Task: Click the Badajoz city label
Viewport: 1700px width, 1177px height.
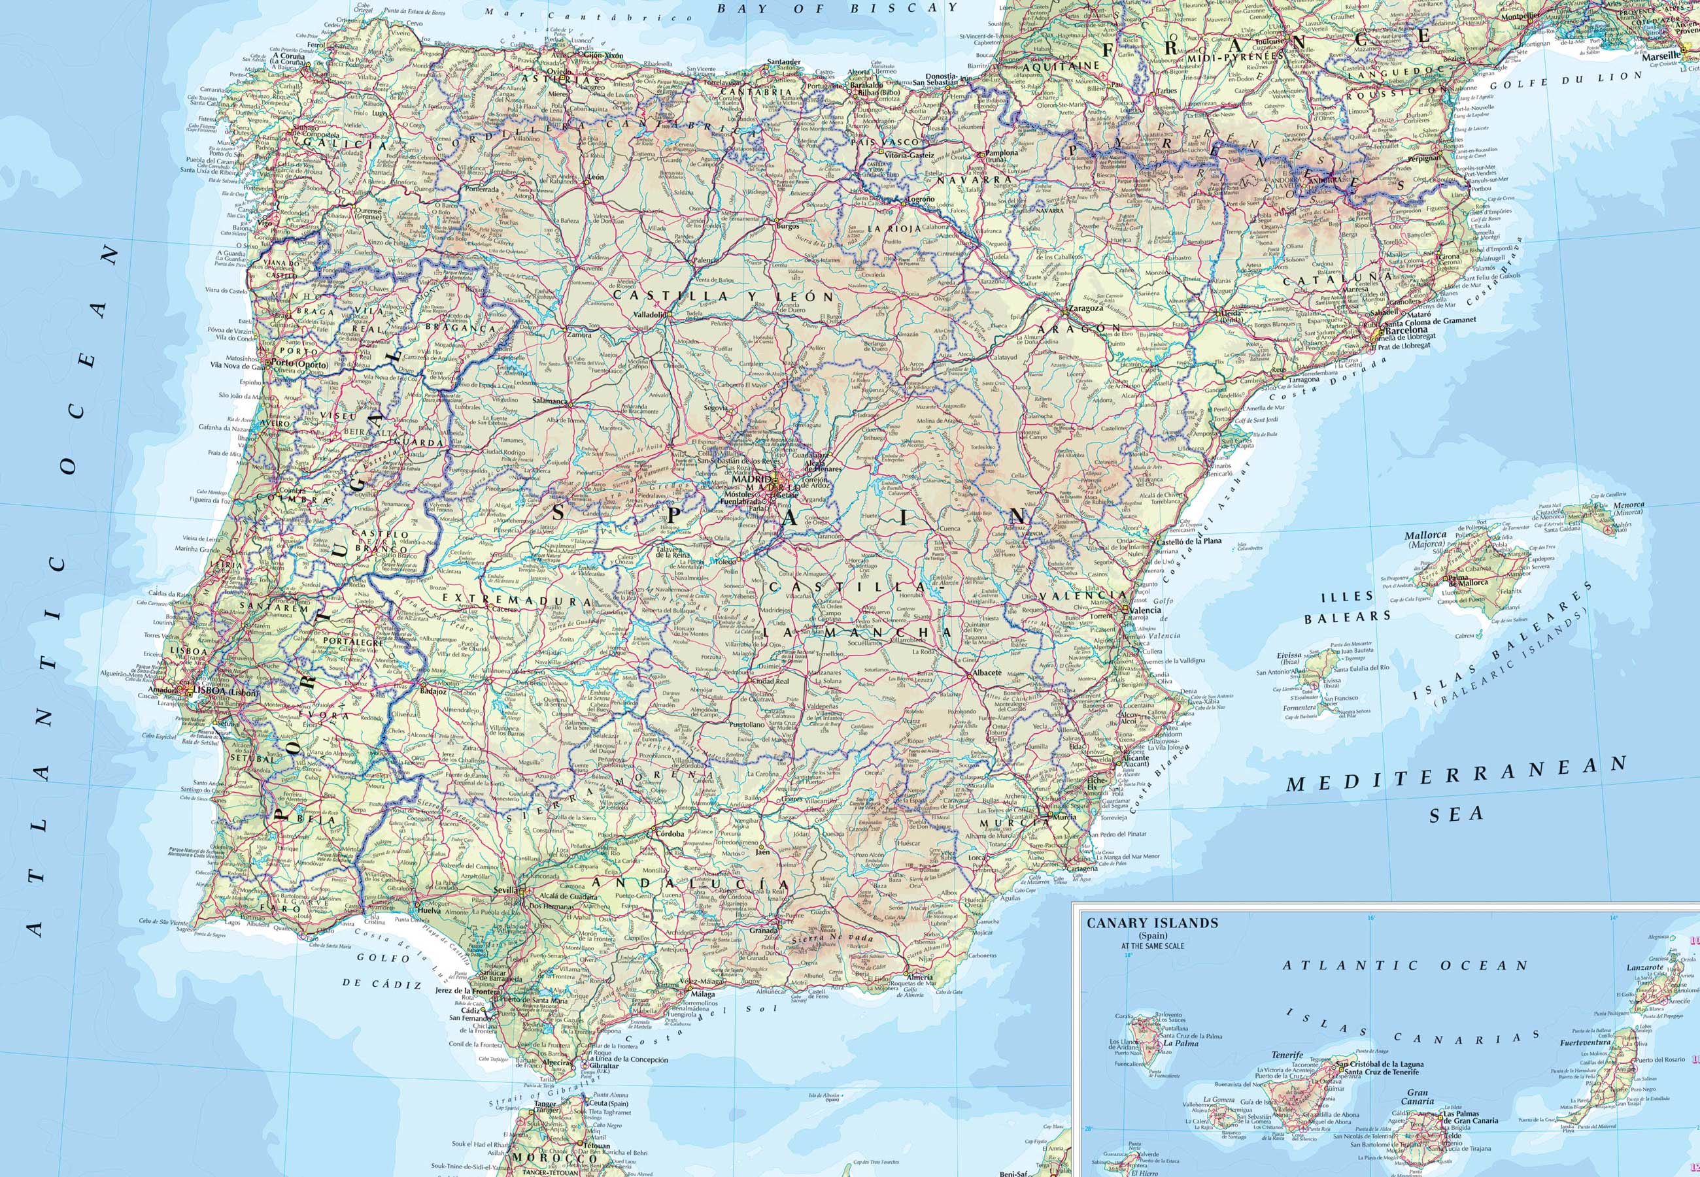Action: tap(433, 691)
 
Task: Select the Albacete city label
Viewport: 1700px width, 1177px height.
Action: tap(987, 672)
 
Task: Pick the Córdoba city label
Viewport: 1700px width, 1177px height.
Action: tap(668, 834)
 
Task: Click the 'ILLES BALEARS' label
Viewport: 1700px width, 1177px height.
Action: tap(1348, 606)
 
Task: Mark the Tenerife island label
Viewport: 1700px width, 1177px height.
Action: tap(1287, 1055)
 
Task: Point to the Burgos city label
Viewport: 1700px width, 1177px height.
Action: tap(788, 226)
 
